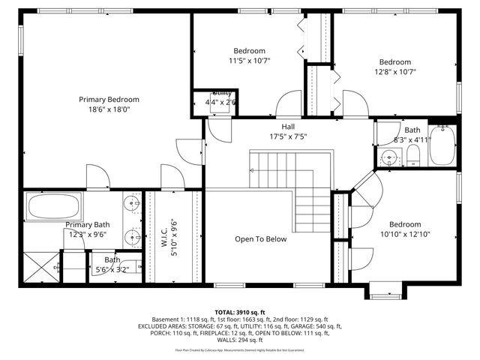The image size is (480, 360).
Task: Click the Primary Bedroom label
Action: [109, 99]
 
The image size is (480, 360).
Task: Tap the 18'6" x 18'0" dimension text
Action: [109, 109]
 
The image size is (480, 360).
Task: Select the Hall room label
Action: [288, 127]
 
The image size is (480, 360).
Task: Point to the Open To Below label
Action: [261, 239]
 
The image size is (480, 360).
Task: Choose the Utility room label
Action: [221, 93]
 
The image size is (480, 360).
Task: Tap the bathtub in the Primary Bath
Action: [54, 206]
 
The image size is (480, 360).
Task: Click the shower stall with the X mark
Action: [40, 266]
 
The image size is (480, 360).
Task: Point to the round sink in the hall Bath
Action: [388, 158]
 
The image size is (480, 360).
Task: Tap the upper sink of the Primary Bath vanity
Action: [132, 203]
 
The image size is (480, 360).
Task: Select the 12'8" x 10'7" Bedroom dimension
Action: [394, 72]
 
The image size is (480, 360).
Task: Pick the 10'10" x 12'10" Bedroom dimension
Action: [404, 234]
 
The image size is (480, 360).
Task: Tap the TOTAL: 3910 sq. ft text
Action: [240, 312]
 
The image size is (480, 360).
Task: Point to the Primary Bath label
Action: [87, 225]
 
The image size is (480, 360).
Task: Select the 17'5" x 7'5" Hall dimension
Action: [288, 136]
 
